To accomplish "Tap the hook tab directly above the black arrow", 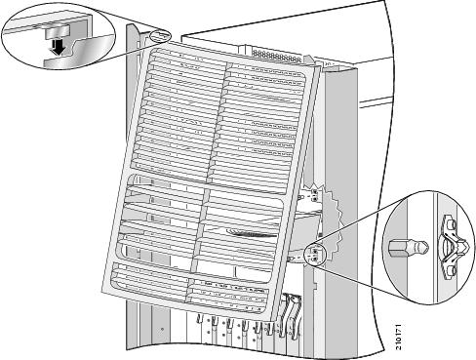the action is [x=58, y=33].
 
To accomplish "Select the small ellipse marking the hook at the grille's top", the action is [x=160, y=36].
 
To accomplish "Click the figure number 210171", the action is [x=399, y=337].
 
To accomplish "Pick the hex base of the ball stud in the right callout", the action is [x=397, y=248].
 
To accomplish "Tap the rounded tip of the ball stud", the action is [x=422, y=248].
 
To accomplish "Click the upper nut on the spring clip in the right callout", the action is [x=452, y=224].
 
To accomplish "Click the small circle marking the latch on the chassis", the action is [x=315, y=254].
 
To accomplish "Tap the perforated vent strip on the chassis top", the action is [x=276, y=56].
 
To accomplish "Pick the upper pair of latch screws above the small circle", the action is [x=314, y=195].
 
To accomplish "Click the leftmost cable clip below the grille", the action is [x=200, y=319].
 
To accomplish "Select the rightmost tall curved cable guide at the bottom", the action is [x=296, y=315].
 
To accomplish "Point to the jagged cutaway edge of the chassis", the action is [x=336, y=221].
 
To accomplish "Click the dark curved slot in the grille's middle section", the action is [x=251, y=233].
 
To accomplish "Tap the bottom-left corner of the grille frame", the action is [x=102, y=291].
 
